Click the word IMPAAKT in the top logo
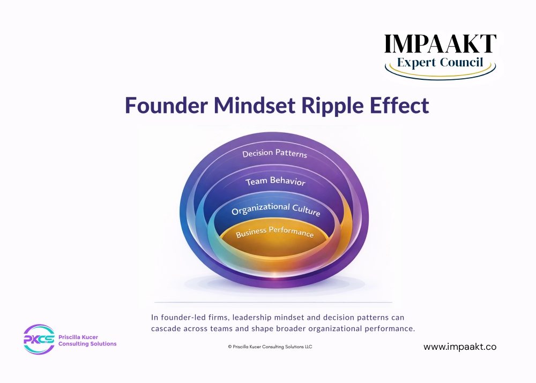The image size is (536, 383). pyautogui.click(x=440, y=44)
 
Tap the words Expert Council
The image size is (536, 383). pyautogui.click(x=440, y=63)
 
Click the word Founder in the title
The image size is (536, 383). pyautogui.click(x=166, y=105)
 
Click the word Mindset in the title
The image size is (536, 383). pyautogui.click(x=254, y=105)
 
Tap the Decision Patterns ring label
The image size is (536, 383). pyautogui.click(x=274, y=153)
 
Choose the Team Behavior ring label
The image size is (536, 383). pyautogui.click(x=275, y=181)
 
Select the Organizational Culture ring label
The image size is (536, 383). pyautogui.click(x=276, y=209)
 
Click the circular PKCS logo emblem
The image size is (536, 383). pyautogui.click(x=39, y=339)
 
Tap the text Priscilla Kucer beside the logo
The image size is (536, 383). pyautogui.click(x=78, y=337)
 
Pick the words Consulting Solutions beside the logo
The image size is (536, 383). pyautogui.click(x=87, y=344)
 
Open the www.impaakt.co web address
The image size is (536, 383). pyautogui.click(x=460, y=347)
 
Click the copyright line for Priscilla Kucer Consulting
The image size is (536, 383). pyautogui.click(x=270, y=347)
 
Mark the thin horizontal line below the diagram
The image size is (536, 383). pyautogui.click(x=273, y=302)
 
